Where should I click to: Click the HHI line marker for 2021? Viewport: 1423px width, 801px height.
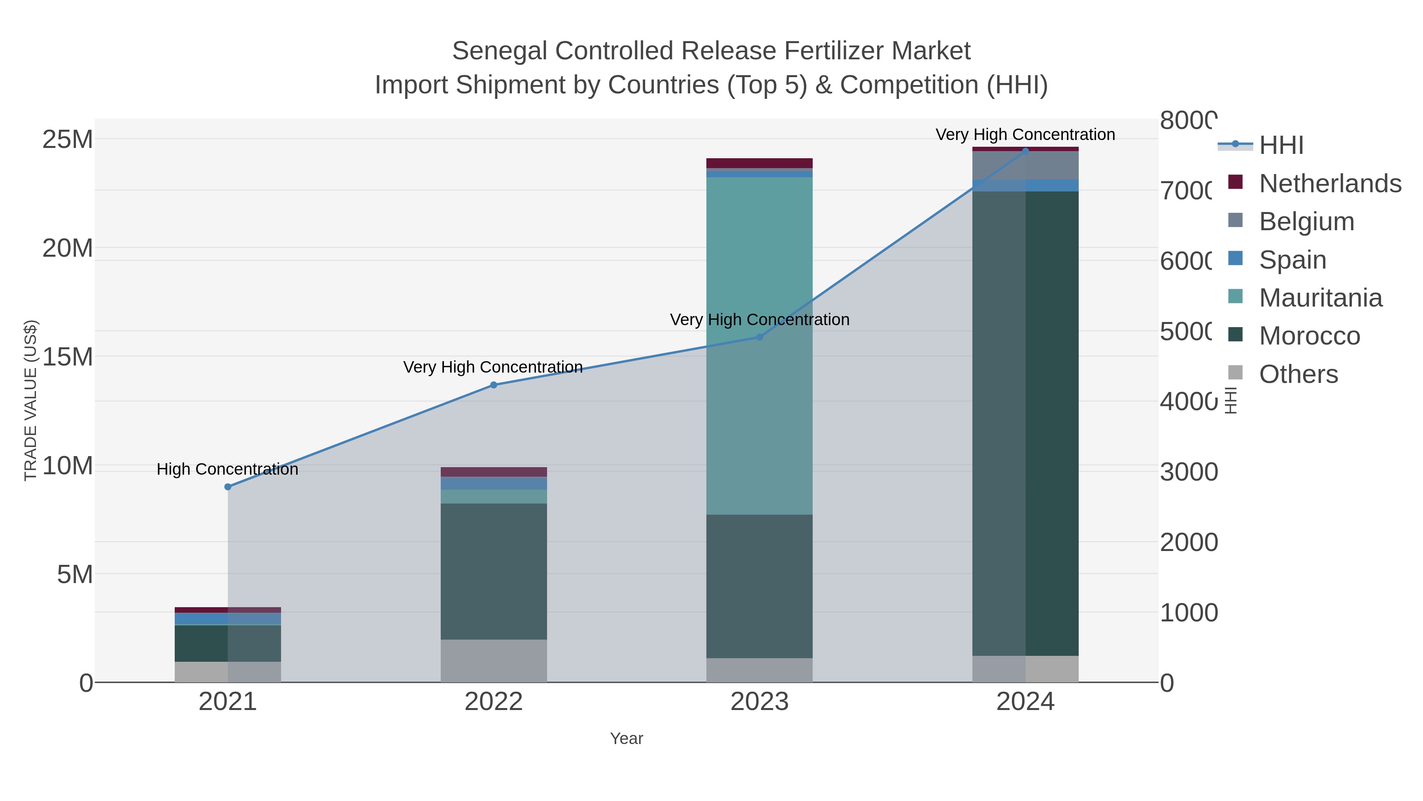[228, 487]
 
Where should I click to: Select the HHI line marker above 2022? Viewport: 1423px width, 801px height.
[493, 385]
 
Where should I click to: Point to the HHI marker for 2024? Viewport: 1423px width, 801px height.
[1025, 151]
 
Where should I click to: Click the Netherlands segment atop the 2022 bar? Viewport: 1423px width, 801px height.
[493, 472]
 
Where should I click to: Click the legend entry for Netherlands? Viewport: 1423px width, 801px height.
[1330, 183]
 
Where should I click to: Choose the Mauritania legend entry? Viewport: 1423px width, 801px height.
[1320, 297]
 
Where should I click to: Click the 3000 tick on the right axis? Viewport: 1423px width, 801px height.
[1188, 472]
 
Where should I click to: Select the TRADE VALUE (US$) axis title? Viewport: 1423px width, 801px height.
[30, 400]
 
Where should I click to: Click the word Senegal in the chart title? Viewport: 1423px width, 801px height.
[499, 51]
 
